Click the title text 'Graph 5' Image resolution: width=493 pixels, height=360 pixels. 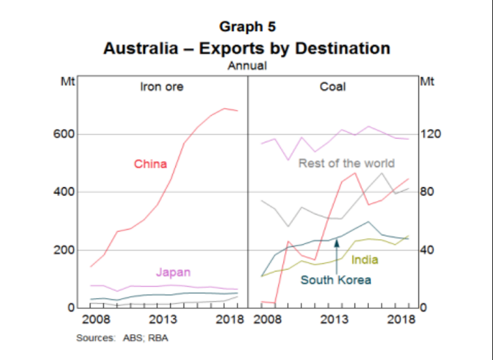tap(247, 27)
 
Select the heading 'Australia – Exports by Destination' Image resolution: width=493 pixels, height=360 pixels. tap(247, 48)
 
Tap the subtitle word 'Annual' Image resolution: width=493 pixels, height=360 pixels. tap(247, 65)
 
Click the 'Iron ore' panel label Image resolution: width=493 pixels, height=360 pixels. tap(161, 87)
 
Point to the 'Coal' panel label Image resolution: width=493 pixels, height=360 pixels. tap(333, 87)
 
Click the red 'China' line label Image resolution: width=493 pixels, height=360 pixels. tap(151, 164)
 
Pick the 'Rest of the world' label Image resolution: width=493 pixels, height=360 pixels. tap(346, 163)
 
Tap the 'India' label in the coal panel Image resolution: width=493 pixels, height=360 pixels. tap(365, 259)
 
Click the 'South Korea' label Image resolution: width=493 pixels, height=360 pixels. tap(335, 280)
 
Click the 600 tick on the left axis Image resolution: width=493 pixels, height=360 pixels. tap(68, 134)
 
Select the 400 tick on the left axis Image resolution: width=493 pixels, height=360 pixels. tap(68, 192)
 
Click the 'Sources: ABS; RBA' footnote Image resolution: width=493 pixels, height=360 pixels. tap(122, 338)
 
